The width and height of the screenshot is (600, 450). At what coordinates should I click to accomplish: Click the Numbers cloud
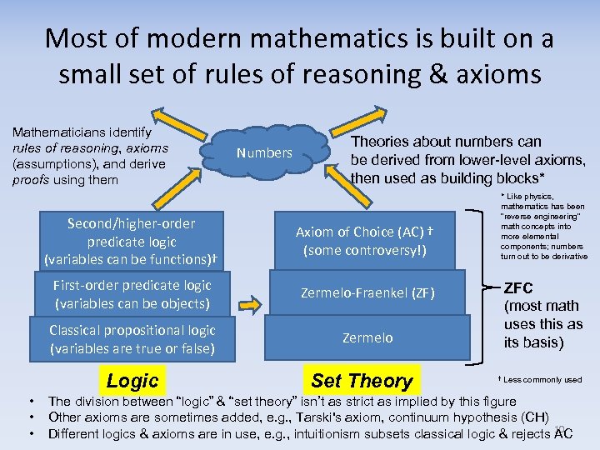click(265, 152)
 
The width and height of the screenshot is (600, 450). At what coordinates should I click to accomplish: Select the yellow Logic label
click(132, 381)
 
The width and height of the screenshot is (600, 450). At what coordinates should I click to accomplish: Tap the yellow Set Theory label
click(362, 381)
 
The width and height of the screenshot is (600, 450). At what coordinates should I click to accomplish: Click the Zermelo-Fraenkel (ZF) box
click(367, 293)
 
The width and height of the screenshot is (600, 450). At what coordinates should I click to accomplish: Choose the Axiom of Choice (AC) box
click(367, 240)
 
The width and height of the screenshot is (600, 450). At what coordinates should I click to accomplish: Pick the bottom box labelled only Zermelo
click(367, 337)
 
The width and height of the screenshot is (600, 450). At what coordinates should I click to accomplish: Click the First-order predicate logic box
click(132, 294)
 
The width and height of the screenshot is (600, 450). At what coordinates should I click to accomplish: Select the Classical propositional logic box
click(132, 338)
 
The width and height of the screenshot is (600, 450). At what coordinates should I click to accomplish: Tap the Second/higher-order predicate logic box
click(132, 241)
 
